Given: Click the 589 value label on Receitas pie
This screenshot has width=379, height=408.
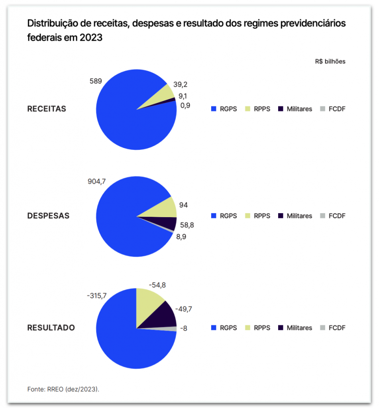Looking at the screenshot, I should (96, 81).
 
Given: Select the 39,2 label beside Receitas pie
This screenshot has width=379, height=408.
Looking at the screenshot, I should (181, 84).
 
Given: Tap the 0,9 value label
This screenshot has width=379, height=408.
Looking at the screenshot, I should (185, 106).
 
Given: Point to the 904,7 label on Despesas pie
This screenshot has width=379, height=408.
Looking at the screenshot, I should (97, 182).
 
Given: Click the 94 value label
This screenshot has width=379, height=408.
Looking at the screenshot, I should (184, 205).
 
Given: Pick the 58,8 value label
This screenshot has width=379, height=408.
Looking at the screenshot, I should (187, 225).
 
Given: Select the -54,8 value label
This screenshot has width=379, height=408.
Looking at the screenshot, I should (157, 285).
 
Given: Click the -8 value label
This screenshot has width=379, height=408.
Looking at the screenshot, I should (184, 328).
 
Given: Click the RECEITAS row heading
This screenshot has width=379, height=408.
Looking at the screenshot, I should (47, 109).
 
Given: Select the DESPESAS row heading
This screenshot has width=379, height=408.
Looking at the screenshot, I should (48, 216).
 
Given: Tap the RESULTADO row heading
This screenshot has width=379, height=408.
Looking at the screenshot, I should (51, 328).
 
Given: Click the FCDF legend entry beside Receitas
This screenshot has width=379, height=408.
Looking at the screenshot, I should (333, 109).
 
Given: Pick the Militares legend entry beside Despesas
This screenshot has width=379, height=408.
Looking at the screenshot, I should (295, 216).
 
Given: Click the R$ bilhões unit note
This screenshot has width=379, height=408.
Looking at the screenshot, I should (330, 62).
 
